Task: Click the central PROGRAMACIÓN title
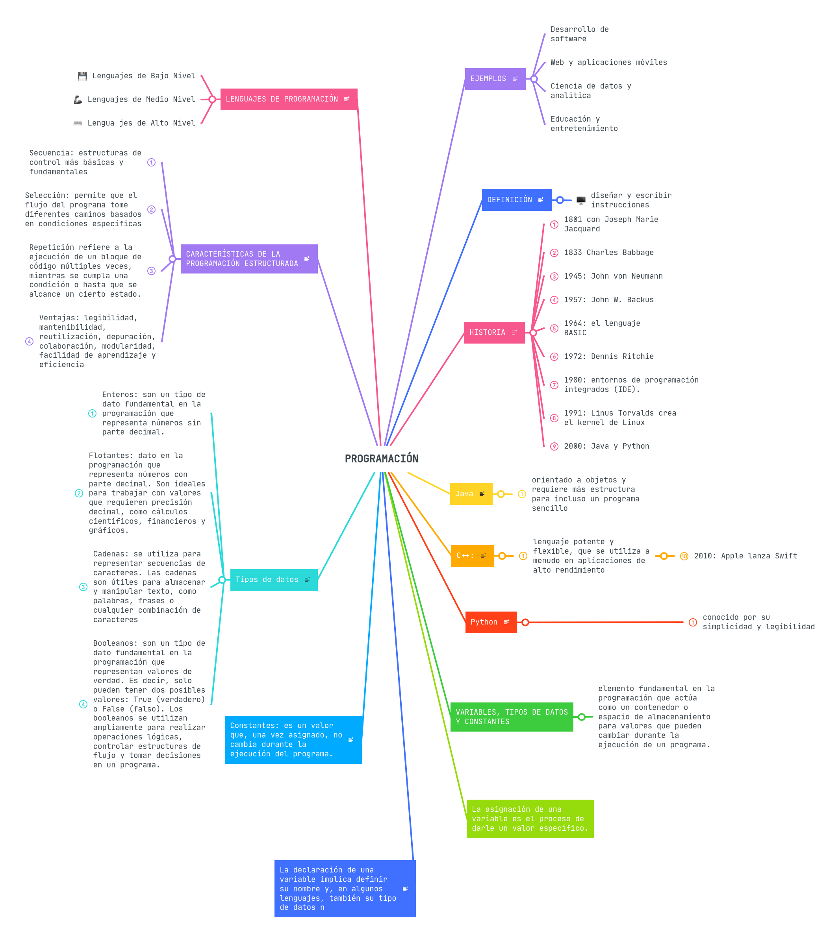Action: [381, 458]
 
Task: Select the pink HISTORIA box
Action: [494, 333]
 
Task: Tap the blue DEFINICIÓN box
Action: [516, 200]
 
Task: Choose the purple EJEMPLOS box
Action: [495, 78]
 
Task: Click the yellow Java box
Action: [471, 494]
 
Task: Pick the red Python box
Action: [491, 622]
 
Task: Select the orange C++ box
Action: [472, 556]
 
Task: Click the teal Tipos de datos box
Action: [273, 580]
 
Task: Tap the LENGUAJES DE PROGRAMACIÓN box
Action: [288, 99]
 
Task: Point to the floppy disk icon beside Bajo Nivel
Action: [83, 76]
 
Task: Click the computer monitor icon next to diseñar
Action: [580, 200]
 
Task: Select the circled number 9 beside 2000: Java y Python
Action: [554, 446]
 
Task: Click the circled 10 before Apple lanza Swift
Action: [684, 556]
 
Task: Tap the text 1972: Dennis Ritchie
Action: [608, 357]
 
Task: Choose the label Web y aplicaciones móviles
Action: [608, 62]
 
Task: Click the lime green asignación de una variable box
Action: [529, 819]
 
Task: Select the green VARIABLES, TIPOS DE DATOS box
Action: [512, 717]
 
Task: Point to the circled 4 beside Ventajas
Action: [30, 342]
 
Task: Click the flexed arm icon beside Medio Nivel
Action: [78, 100]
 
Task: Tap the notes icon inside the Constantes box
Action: [351, 739]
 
